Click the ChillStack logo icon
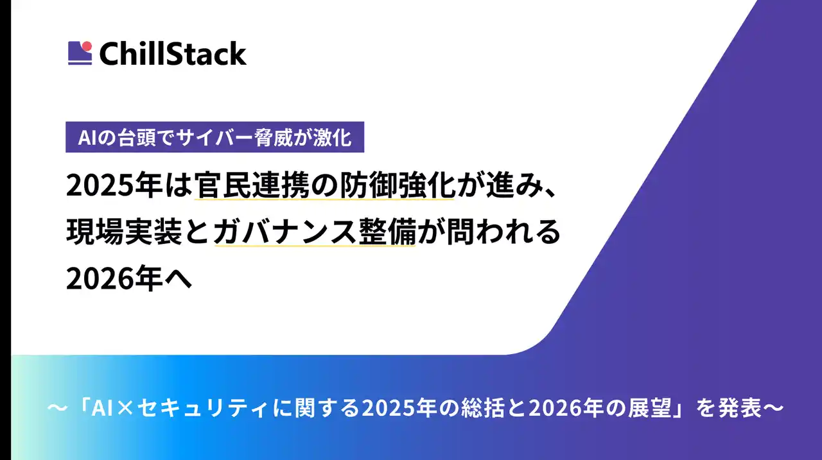[x=80, y=53]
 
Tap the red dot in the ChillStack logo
[x=87, y=46]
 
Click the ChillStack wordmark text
[x=173, y=53]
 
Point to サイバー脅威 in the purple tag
[x=241, y=137]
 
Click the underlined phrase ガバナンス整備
[x=315, y=233]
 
